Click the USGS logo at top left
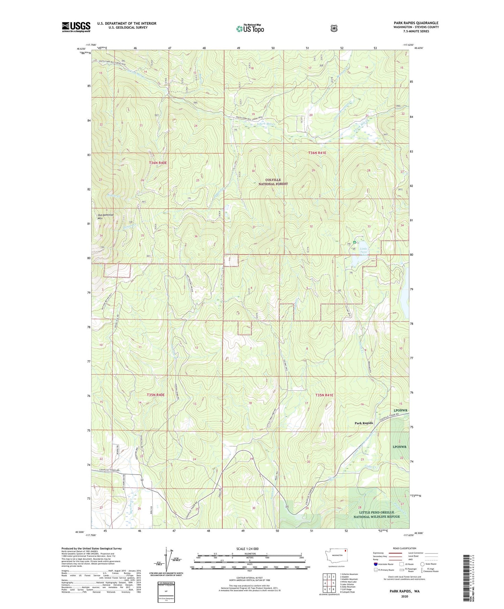[x=76, y=27]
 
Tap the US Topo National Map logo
[x=250, y=29]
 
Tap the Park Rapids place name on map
[x=363, y=423]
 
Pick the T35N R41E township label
[x=324, y=395]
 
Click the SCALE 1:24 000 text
[x=247, y=549]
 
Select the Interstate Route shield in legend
[x=375, y=564]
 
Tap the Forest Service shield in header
[x=334, y=28]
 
